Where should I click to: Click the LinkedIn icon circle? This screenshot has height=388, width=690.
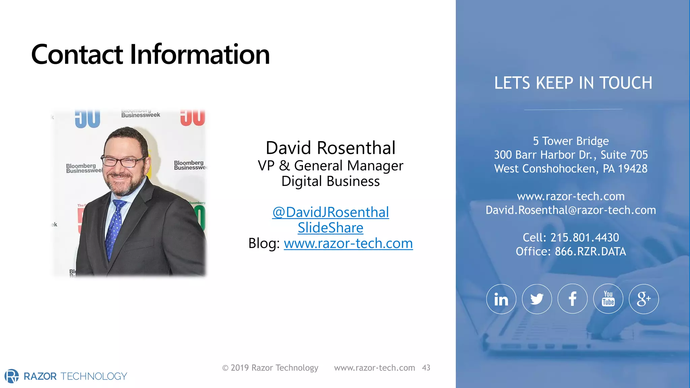501,299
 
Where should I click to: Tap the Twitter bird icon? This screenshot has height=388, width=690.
537,299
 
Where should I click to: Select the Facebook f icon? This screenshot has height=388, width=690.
572,299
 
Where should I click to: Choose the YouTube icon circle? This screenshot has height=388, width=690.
608,299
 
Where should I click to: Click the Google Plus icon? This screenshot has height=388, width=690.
644,299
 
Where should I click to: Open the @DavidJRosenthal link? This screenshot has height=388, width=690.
331,213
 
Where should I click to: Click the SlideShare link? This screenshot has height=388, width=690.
331,228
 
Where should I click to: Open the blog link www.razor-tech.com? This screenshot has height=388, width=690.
348,244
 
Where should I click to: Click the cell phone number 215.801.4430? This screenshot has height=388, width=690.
584,238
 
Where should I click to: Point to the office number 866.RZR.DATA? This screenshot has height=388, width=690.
590,252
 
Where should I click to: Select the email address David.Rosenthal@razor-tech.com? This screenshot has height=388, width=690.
571,210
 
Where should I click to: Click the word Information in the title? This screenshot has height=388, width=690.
199,55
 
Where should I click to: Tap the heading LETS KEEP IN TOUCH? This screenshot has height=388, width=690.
573,83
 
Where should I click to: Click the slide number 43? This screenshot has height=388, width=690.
426,368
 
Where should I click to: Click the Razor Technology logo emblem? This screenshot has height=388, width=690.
12,376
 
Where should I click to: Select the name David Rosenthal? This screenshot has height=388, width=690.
331,148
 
